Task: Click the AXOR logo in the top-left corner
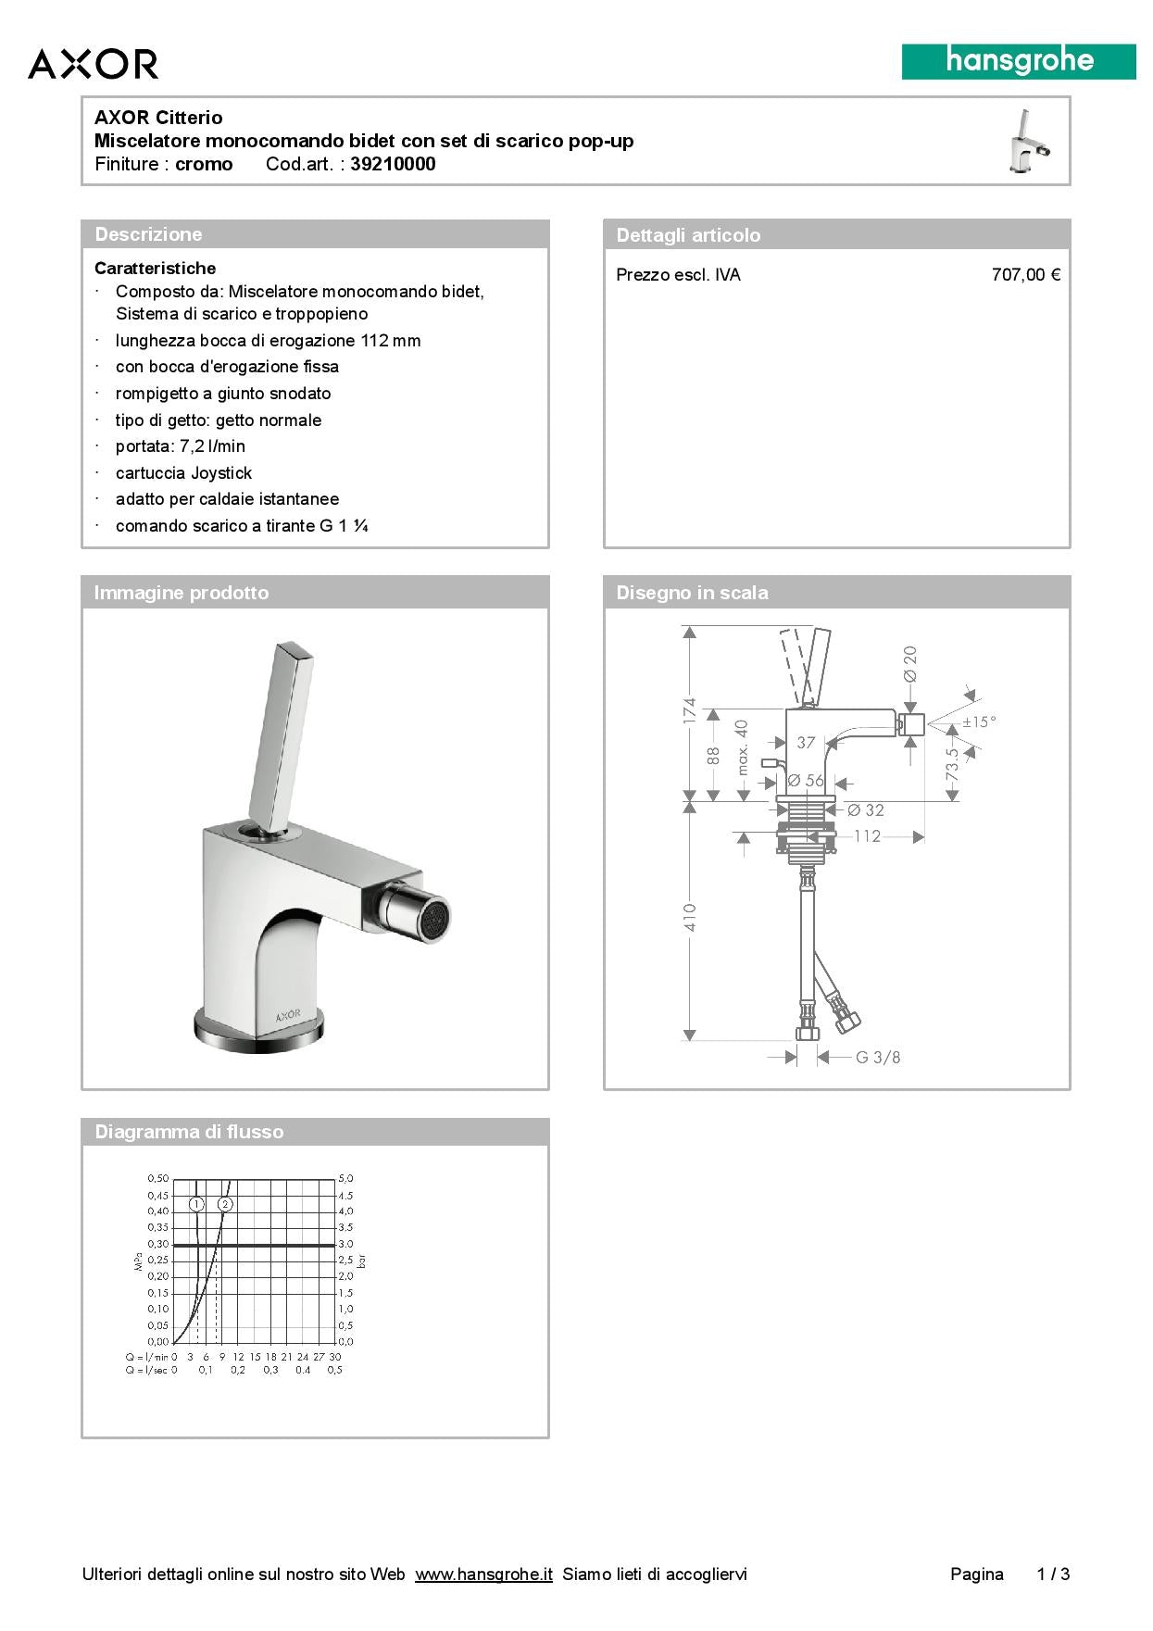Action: pyautogui.click(x=93, y=64)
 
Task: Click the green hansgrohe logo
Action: pyautogui.click(x=1019, y=61)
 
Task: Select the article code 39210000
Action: pyautogui.click(x=393, y=165)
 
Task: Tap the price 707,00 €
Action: pyautogui.click(x=1025, y=275)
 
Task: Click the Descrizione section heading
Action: pyautogui.click(x=148, y=234)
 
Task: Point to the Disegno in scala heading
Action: pyautogui.click(x=692, y=593)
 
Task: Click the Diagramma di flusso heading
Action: pyautogui.click(x=189, y=1132)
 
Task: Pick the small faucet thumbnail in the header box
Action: pyautogui.click(x=1030, y=142)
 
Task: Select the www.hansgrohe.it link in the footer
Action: pyautogui.click(x=483, y=1575)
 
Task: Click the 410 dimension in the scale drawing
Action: pyautogui.click(x=690, y=917)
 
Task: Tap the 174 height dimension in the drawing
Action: pyautogui.click(x=690, y=711)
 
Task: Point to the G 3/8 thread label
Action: pyautogui.click(x=877, y=1057)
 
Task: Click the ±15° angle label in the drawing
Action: pyautogui.click(x=979, y=721)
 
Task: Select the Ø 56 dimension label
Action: pyautogui.click(x=806, y=781)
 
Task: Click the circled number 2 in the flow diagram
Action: pyautogui.click(x=225, y=1204)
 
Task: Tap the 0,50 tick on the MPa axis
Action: pyautogui.click(x=157, y=1178)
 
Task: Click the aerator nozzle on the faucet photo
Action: pyautogui.click(x=432, y=918)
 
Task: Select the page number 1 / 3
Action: pyautogui.click(x=1053, y=1575)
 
